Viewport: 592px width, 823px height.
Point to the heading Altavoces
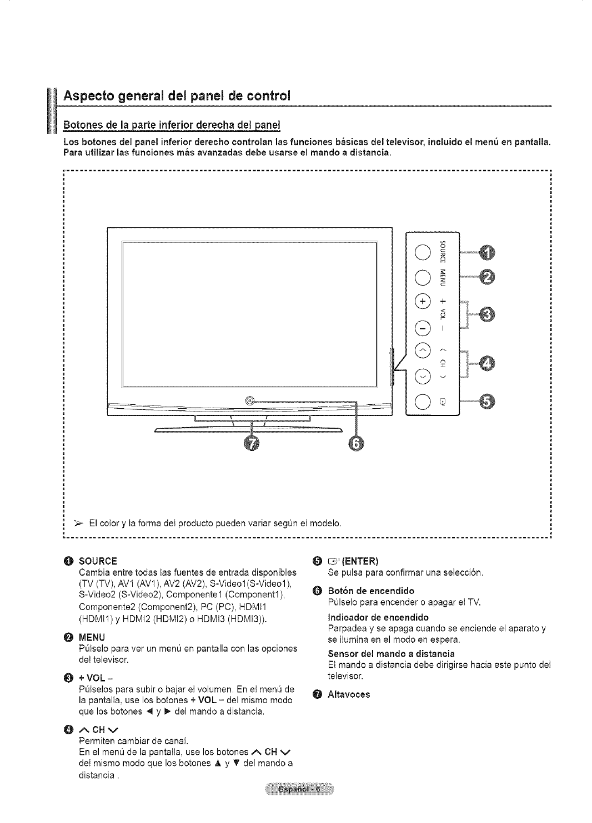(x=348, y=694)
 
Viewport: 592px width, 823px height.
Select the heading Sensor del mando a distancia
(x=391, y=653)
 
